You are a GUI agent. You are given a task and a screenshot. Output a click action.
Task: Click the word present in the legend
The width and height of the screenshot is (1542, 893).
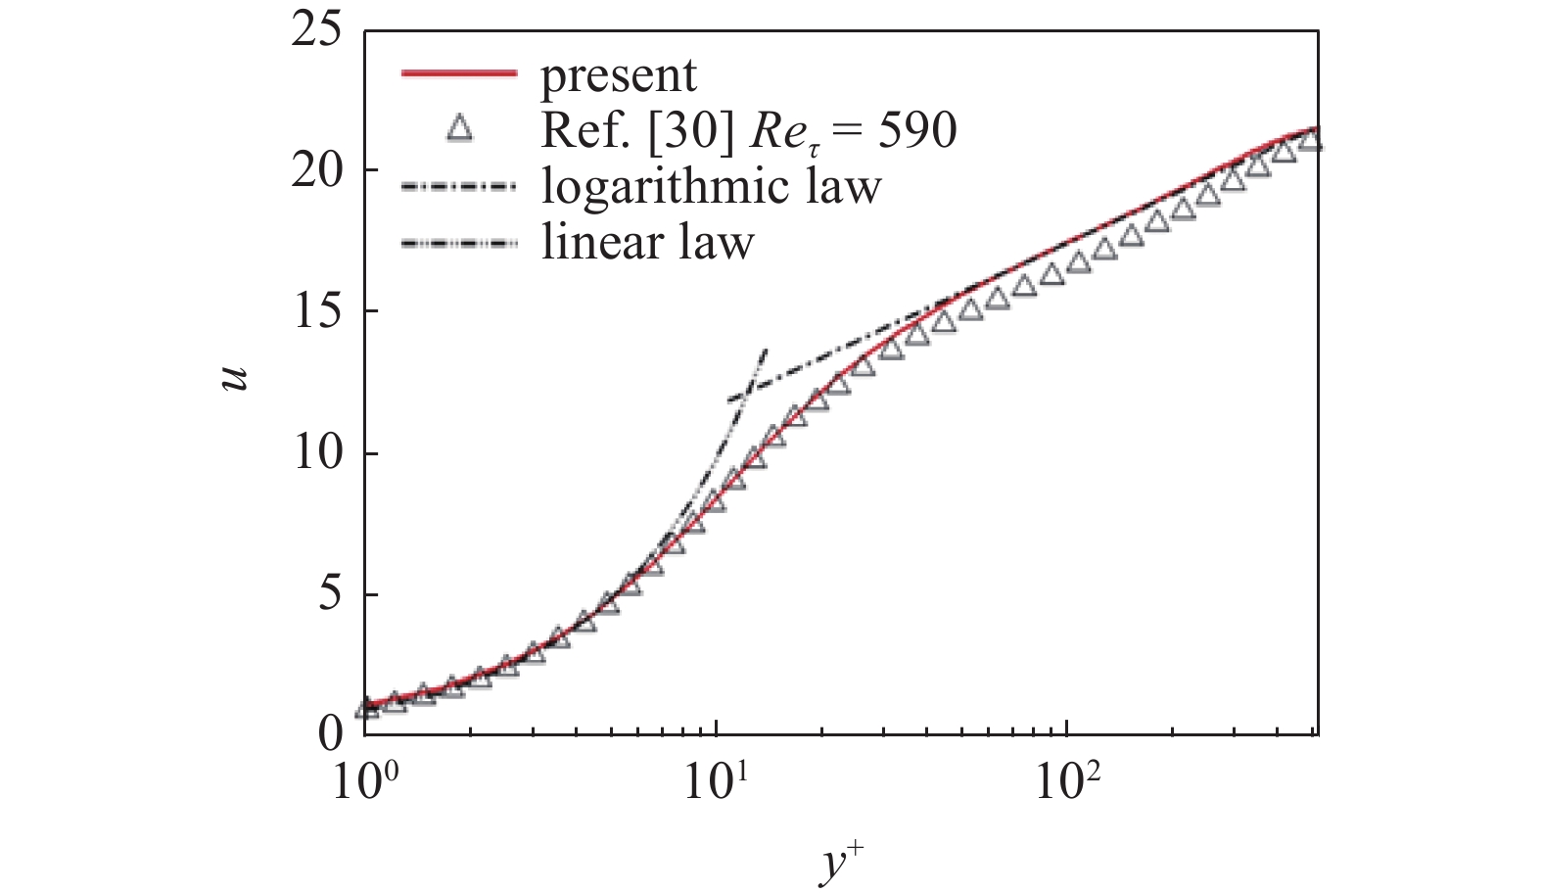pyautogui.click(x=619, y=75)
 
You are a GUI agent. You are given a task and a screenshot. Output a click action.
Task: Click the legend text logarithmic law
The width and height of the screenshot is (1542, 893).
pyautogui.click(x=711, y=185)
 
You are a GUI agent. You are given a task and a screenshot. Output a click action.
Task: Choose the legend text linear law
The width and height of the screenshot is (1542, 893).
pyautogui.click(x=647, y=241)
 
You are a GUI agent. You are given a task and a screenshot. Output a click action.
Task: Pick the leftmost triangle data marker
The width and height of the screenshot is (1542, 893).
pyautogui.click(x=366, y=707)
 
